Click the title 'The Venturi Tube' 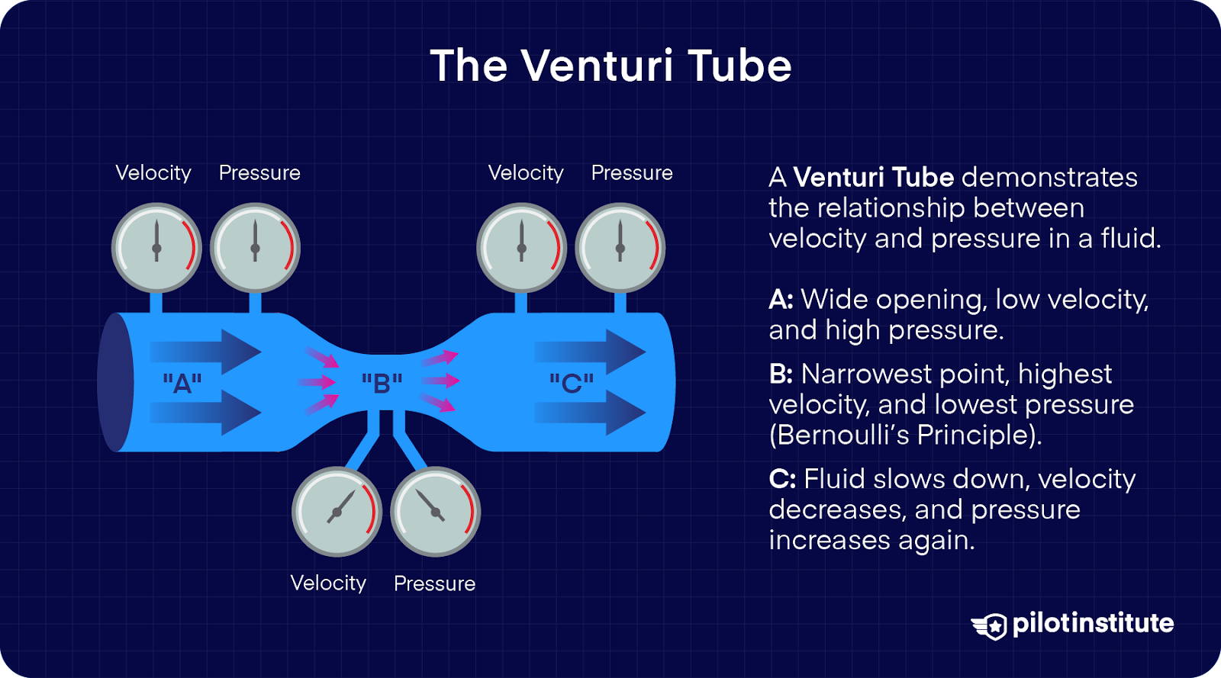coord(610,66)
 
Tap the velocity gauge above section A coord(156,248)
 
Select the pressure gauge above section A coord(255,248)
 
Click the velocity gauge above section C coord(521,248)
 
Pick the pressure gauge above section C coord(620,248)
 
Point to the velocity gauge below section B coord(337,512)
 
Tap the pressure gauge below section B coord(435,512)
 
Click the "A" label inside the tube coord(182,382)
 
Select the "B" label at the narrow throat coord(382,382)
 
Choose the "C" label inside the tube coord(572,382)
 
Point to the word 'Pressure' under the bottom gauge coord(434,583)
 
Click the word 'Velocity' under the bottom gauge coord(328,583)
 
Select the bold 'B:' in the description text coord(781,374)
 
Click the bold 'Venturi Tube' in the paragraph coord(874,177)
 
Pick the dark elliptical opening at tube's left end coord(116,382)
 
